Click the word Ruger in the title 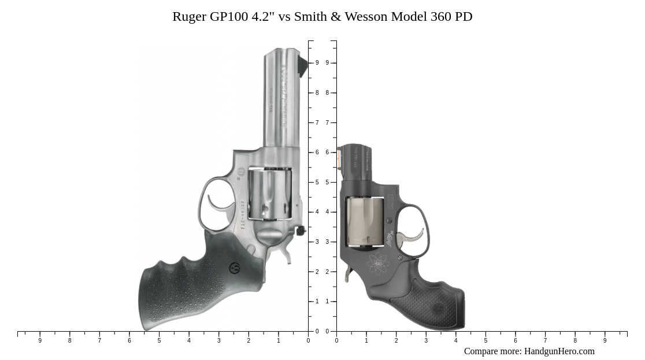(x=189, y=17)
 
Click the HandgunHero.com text (x=559, y=351)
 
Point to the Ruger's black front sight (x=302, y=65)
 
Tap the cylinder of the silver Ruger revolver (x=270, y=193)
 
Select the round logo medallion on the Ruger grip (x=235, y=268)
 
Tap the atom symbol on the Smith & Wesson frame (x=378, y=264)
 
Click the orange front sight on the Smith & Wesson (x=339, y=159)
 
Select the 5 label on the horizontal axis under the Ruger (x=159, y=341)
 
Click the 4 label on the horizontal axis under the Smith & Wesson (x=456, y=341)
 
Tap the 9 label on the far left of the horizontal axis (x=40, y=341)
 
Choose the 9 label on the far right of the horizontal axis (x=605, y=341)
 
